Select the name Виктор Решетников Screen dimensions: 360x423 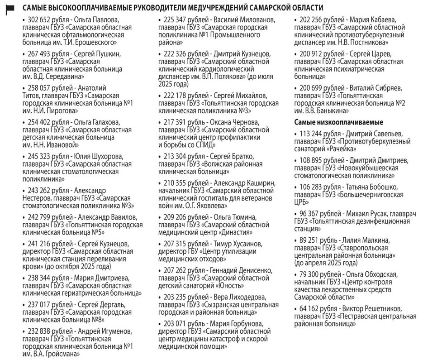(x=378, y=309)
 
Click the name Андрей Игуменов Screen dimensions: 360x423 (x=107, y=331)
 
